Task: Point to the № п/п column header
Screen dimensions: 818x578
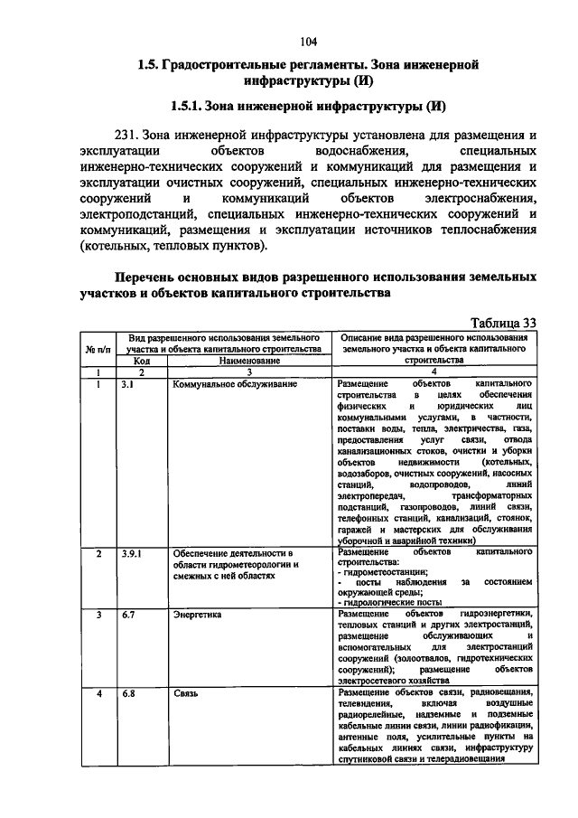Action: tap(98, 348)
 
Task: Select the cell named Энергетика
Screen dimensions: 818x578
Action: tap(196, 615)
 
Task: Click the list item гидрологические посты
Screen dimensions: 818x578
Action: tap(379, 601)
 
